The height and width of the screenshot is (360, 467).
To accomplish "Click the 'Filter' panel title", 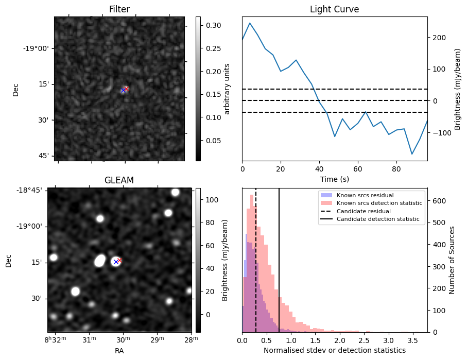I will coord(119,9).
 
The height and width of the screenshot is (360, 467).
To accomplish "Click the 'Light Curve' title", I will coord(334,9).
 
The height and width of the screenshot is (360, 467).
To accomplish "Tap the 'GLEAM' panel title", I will coord(119,180).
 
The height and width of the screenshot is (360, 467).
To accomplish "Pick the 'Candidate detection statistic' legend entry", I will coord(377,219).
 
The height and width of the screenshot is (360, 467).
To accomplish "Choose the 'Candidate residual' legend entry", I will coord(363,212).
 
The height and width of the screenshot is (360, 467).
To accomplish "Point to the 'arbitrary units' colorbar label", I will coord(227,89).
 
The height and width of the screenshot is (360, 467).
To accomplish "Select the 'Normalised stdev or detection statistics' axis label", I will coord(334,350).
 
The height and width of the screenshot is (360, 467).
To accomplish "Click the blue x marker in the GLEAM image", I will coord(116,262).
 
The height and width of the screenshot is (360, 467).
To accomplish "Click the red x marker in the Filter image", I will coord(126,89).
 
